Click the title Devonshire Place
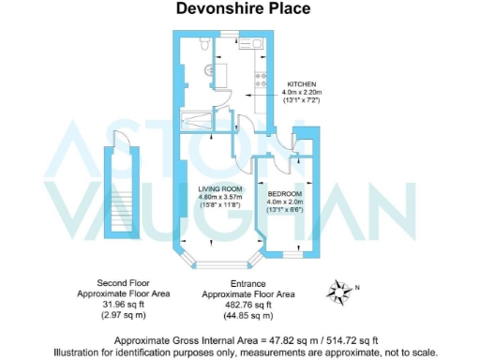(x=239, y=10)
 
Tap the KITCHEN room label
(x=302, y=82)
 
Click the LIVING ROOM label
(x=220, y=188)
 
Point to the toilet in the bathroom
(x=203, y=46)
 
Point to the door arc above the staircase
(x=120, y=141)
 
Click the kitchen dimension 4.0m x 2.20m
(x=302, y=92)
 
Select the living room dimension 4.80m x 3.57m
(x=220, y=197)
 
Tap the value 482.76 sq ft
(x=249, y=304)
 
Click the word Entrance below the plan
(x=249, y=283)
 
